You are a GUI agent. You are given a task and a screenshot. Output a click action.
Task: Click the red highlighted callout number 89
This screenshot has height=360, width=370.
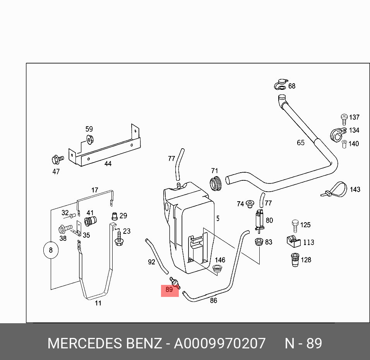[x=170, y=290]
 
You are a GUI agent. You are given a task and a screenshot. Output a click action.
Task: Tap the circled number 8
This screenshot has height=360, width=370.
[x=51, y=250]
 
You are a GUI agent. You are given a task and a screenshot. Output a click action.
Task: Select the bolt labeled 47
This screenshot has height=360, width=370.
[x=57, y=159]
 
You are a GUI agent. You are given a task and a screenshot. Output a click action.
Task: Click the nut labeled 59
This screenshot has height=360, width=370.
[x=89, y=139]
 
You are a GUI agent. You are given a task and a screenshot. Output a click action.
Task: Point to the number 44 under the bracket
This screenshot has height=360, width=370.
[x=108, y=164]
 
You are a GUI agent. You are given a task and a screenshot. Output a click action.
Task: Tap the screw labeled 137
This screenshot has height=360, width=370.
[x=344, y=117]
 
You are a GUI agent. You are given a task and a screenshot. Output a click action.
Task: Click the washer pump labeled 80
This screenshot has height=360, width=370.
[x=259, y=221]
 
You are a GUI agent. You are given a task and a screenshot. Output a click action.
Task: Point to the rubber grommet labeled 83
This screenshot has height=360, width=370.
[x=258, y=243]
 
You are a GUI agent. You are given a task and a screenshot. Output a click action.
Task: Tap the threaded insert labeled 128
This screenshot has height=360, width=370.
[x=295, y=260]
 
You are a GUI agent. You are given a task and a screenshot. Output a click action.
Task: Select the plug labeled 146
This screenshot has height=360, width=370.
[x=219, y=269]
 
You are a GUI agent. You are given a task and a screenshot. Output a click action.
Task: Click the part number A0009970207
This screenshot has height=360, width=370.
[x=219, y=343]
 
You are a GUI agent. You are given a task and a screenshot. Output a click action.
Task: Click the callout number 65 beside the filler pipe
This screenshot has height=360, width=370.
[x=301, y=142]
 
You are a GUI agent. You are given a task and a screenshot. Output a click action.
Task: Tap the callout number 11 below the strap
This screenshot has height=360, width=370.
[x=98, y=303]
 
